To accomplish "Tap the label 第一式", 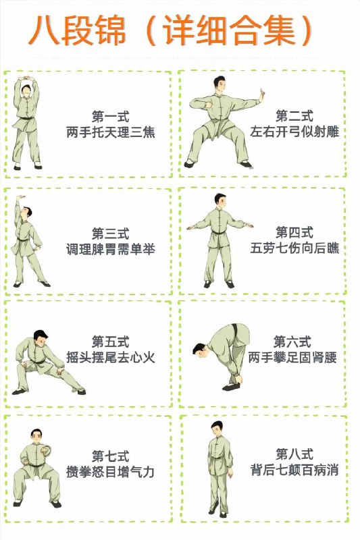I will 110,116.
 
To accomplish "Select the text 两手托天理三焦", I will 110,132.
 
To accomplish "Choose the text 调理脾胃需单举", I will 110,249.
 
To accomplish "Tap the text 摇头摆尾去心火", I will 110,358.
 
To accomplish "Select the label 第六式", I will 292,340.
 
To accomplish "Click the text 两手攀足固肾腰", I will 292,356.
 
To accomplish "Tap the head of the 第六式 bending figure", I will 199,349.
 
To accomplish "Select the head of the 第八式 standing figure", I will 217,429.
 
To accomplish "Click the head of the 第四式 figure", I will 219,200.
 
